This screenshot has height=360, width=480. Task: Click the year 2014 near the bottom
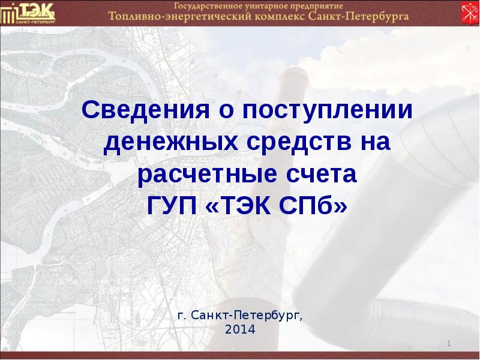240,329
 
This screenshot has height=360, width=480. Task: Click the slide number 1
449,343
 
